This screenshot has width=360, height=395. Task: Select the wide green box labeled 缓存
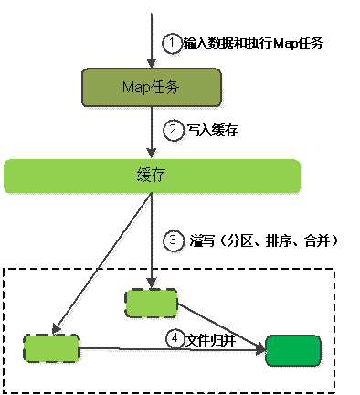click(153, 176)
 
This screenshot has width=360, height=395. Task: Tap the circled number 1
click(170, 43)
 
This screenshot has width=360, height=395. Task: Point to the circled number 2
click(172, 130)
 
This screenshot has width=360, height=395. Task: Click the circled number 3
click(172, 240)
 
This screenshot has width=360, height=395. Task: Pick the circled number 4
click(174, 337)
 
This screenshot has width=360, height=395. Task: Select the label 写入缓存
click(205, 130)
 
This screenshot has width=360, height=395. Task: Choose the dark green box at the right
click(292, 349)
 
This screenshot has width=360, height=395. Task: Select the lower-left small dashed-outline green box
click(52, 347)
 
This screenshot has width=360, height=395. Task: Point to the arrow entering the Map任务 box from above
click(151, 37)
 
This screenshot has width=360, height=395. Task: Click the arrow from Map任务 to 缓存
click(151, 130)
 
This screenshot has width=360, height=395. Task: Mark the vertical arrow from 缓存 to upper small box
click(151, 238)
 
